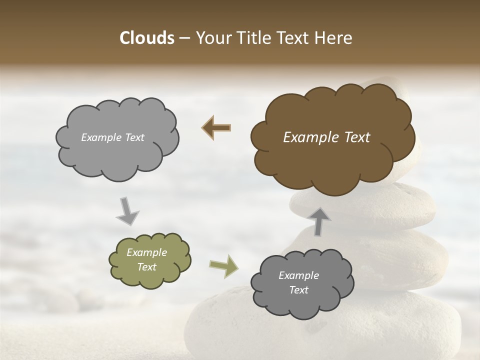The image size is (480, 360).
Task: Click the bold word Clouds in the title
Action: [146, 38]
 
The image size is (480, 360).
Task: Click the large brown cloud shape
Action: [332, 160]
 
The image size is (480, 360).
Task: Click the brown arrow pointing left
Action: [216, 127]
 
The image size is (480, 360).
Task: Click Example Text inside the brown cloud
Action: [326, 137]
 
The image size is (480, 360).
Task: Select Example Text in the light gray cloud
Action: [112, 137]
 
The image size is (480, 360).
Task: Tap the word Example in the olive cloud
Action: [146, 252]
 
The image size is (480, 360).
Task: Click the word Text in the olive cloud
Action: [146, 267]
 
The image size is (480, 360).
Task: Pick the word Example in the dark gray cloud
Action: [298, 275]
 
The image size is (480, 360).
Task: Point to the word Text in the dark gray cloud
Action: [298, 290]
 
